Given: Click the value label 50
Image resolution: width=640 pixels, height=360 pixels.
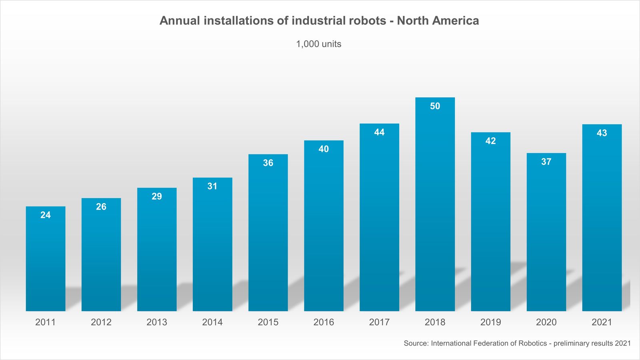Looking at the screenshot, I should (x=435, y=106).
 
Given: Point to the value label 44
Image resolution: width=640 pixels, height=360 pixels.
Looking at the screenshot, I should (x=379, y=132).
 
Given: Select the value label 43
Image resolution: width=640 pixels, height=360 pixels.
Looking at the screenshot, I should (x=602, y=133).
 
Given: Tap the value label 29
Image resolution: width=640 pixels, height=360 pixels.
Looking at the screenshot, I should (x=157, y=196).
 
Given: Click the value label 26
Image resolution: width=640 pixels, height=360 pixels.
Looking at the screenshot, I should (x=101, y=207).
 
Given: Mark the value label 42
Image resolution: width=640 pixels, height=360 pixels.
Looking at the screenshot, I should (x=490, y=141).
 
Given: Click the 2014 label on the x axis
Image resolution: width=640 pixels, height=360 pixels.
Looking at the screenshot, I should (x=212, y=322).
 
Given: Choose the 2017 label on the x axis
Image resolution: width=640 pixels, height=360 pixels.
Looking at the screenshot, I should (x=379, y=322).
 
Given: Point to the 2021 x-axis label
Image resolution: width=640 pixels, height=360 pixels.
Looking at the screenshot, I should (x=602, y=322).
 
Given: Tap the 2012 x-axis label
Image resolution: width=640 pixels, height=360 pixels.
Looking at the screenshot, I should (x=101, y=322).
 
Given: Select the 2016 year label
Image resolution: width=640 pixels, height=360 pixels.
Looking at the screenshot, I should (x=324, y=322).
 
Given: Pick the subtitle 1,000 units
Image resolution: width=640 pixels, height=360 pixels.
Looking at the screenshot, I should (x=318, y=44).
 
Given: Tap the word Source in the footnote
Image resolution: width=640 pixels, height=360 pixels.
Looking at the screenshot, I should (x=416, y=343).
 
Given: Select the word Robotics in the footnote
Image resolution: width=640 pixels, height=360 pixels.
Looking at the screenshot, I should (x=532, y=343).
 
